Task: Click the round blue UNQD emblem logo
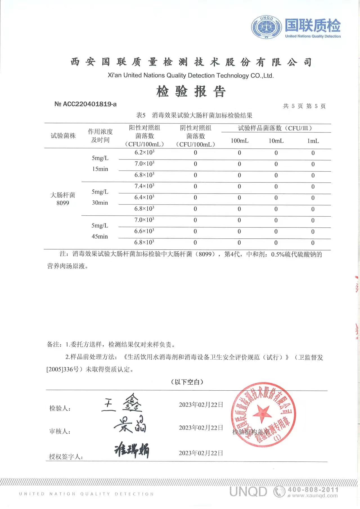point(266,27)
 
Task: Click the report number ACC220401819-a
point(85,104)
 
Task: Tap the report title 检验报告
point(191,91)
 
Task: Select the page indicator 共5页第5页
point(304,106)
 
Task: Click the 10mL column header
point(276,141)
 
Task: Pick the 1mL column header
point(313,141)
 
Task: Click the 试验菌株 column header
point(63,136)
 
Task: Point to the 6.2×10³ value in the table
point(144,153)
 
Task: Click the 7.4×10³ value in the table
point(144,186)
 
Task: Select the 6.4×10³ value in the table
point(144,197)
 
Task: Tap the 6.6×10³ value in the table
point(144,231)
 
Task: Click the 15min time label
point(100,169)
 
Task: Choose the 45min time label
point(100,237)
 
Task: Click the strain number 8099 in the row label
point(63,203)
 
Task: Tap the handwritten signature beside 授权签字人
point(132,451)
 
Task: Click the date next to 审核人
point(201,428)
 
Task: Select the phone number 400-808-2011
point(313,490)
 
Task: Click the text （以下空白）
point(187,382)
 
